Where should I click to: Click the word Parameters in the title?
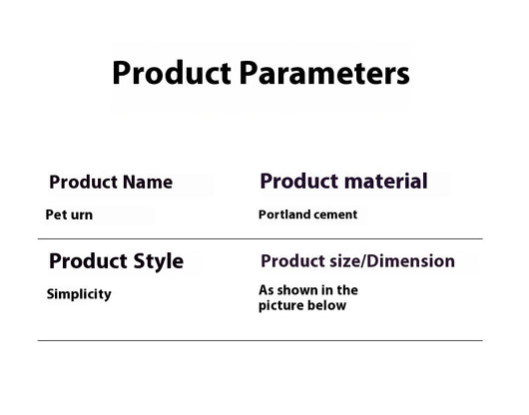tap(324, 73)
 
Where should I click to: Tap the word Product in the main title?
tap(172, 73)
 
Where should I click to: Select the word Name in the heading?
tap(148, 182)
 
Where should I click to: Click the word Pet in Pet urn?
tap(56, 214)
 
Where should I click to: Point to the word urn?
tap(82, 215)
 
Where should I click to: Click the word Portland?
tap(283, 214)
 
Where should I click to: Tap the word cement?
tap(334, 215)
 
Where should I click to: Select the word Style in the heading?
tap(159, 262)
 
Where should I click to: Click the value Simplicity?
tap(79, 294)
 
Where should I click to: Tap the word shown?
tap(297, 290)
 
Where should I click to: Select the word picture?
tap(281, 306)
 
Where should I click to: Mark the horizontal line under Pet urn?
tap(261, 238)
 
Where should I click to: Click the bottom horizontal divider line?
tap(261, 340)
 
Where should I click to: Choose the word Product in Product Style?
tap(89, 261)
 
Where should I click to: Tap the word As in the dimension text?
tap(266, 290)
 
